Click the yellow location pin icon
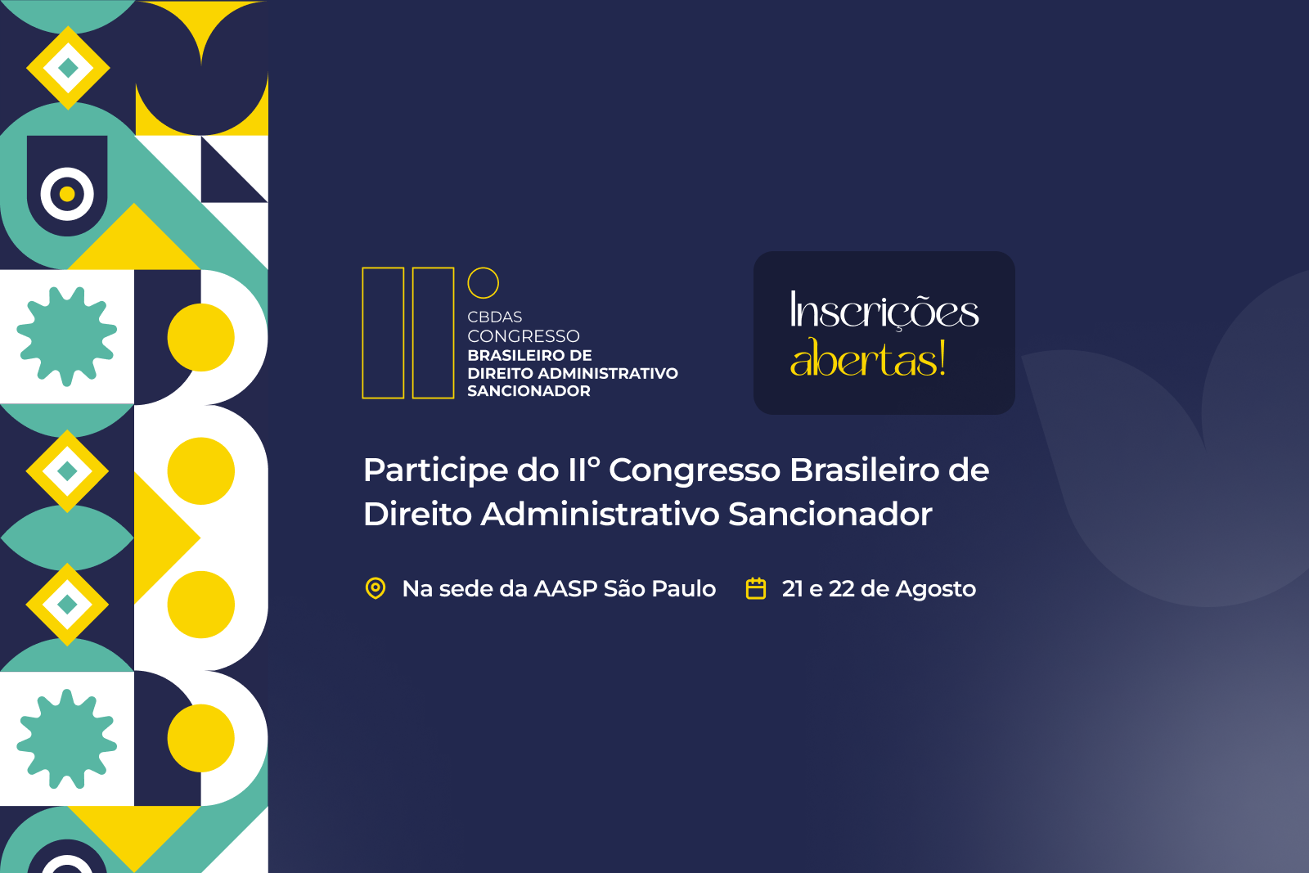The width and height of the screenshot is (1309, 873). pyautogui.click(x=376, y=588)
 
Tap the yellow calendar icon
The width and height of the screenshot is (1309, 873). pyautogui.click(x=756, y=588)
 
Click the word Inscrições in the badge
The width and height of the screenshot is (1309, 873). pyautogui.click(x=884, y=311)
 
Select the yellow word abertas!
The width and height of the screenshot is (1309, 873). pyautogui.click(x=868, y=359)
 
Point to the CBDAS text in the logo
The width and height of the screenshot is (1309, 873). pyautogui.click(x=494, y=317)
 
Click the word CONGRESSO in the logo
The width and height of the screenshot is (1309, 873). pyautogui.click(x=524, y=336)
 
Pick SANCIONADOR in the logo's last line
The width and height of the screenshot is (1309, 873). pyautogui.click(x=529, y=391)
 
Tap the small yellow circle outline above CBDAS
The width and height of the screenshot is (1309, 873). pyautogui.click(x=483, y=283)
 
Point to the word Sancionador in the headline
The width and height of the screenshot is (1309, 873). pyautogui.click(x=830, y=515)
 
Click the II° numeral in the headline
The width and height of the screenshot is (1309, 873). pyautogui.click(x=584, y=470)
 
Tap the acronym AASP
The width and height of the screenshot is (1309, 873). pyautogui.click(x=565, y=589)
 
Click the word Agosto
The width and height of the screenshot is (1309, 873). pyautogui.click(x=936, y=590)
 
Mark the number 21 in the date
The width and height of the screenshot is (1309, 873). pyautogui.click(x=792, y=589)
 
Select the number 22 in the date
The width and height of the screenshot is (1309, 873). pyautogui.click(x=841, y=589)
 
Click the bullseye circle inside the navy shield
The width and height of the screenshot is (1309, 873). pyautogui.click(x=67, y=194)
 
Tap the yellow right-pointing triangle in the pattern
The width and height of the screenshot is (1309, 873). pyautogui.click(x=163, y=538)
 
